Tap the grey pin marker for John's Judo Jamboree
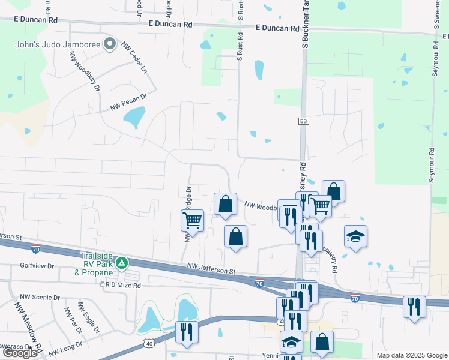109,44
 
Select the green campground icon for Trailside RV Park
122,262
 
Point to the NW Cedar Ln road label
135,58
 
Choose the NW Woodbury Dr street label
83,70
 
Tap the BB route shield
303,121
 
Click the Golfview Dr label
37,265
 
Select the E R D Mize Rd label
120,286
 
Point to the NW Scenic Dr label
40,297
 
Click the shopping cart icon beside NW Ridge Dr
193,220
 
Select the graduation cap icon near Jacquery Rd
355,236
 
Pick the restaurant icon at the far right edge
414,307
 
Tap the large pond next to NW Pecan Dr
135,116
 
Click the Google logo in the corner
20,353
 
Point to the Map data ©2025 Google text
411,355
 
